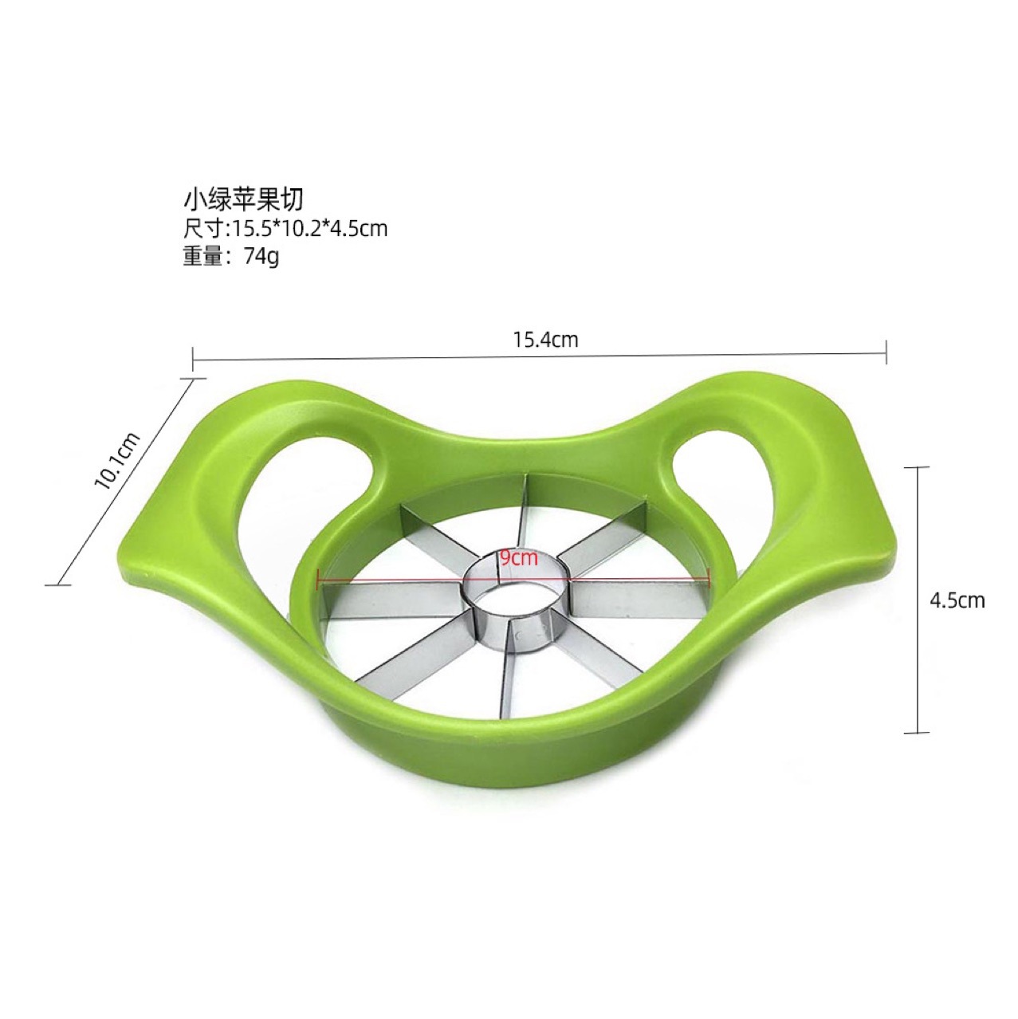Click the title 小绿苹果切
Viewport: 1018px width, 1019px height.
(244, 200)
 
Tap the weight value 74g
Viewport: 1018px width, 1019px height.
(261, 258)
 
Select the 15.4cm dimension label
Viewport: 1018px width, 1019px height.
(546, 340)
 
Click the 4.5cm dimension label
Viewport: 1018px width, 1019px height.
(957, 600)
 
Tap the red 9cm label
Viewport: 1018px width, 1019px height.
(519, 558)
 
